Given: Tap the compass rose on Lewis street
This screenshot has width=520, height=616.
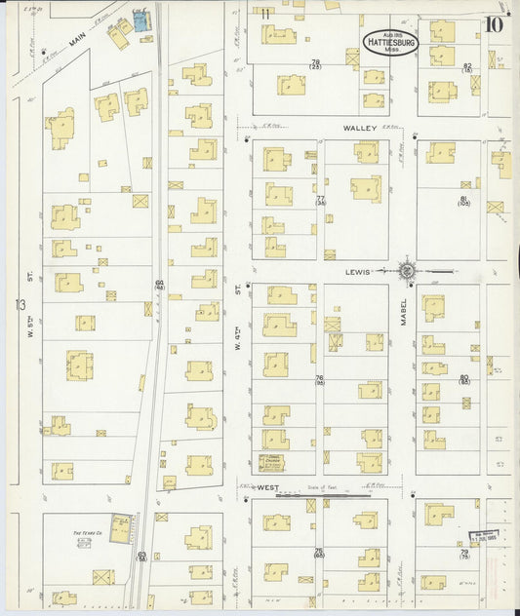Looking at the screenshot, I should coord(407,270).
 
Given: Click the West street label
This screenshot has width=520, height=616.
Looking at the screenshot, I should coord(267,485).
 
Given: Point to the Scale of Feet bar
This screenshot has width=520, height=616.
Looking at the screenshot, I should coord(324,494).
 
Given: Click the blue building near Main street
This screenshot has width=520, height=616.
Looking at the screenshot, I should coord(145,21).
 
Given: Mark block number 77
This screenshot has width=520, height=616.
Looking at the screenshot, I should coord(319,201).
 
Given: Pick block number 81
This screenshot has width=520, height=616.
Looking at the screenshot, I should coord(463,201).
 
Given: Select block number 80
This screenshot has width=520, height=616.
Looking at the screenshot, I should coord(463,379).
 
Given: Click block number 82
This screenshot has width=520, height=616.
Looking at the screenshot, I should coord(467,67).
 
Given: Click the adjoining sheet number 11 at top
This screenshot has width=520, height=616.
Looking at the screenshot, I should coord(265,12).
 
